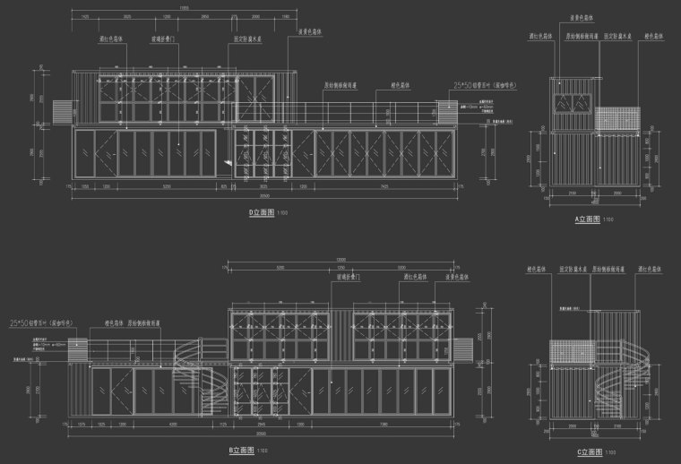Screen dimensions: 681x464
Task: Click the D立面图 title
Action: click(261, 213)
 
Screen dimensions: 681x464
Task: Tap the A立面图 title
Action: click(588, 219)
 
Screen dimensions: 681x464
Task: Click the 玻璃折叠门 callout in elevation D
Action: click(187, 39)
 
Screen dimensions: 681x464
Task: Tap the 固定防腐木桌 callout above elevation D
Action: click(246, 39)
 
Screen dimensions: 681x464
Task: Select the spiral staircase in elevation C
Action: click(608, 385)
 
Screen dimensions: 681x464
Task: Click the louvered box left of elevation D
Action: click(60, 111)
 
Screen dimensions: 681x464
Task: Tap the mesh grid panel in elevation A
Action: click(618, 119)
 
